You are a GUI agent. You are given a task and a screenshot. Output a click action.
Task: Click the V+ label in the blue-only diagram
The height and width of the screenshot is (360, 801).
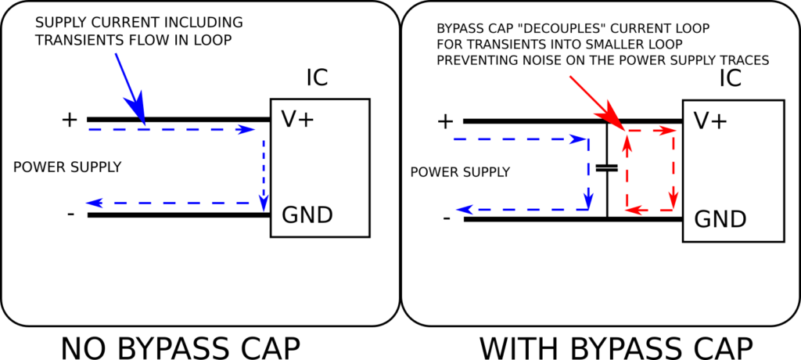pyautogui.click(x=298, y=119)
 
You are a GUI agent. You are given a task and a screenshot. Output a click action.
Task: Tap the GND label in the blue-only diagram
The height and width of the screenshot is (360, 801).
pyautogui.click(x=307, y=215)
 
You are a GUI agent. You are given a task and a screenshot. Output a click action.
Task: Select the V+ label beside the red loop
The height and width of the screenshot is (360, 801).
pyautogui.click(x=711, y=121)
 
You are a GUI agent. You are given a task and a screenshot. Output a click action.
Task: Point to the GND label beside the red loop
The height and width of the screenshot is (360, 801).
pyautogui.click(x=720, y=219)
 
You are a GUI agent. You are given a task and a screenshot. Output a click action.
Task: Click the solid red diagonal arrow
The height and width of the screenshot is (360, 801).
pyautogui.click(x=594, y=100)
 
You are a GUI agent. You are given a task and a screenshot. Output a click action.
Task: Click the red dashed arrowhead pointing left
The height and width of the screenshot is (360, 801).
pyautogui.click(x=635, y=210)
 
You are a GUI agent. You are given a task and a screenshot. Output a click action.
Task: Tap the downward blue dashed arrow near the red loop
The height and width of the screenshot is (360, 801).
pyautogui.click(x=588, y=176)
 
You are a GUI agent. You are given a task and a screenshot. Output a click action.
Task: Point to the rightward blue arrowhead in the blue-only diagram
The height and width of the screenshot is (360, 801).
pyautogui.click(x=247, y=129)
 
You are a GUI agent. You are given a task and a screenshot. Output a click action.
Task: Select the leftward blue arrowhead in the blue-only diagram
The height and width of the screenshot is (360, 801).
pyautogui.click(x=94, y=203)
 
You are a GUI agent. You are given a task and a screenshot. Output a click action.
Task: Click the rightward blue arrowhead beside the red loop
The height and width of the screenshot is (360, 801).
pyautogui.click(x=580, y=139)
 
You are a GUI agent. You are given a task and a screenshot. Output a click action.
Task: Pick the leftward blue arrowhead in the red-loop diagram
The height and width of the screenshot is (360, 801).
pyautogui.click(x=465, y=210)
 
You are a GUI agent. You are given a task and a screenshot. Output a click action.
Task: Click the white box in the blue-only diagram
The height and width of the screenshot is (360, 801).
pyautogui.click(x=320, y=167)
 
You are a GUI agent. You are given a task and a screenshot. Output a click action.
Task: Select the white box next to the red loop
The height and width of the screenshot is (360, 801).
pyautogui.click(x=733, y=171)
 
